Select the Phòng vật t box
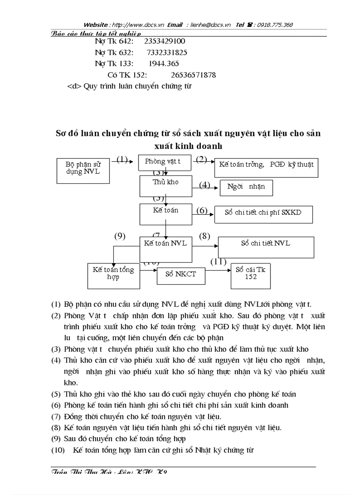click(x=165, y=162)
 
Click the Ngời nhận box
click(x=246, y=187)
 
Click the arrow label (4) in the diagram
click(x=204, y=185)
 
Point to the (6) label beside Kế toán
click(x=202, y=210)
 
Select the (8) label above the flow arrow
click(x=205, y=236)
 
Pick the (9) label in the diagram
click(x=120, y=236)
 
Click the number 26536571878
click(x=193, y=75)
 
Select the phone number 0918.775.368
click(x=276, y=25)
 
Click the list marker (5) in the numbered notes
click(x=56, y=394)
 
